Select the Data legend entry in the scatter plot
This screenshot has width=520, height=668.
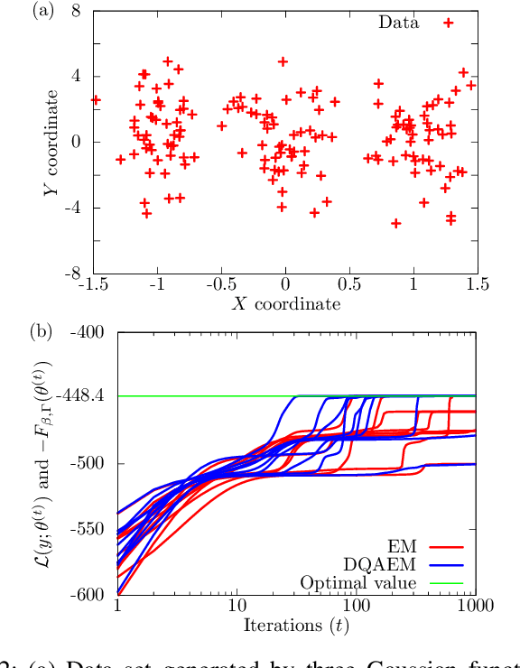point(397,23)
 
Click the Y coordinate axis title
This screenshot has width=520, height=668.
point(56,141)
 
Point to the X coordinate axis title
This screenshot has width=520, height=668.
point(284,304)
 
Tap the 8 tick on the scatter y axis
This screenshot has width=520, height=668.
point(79,11)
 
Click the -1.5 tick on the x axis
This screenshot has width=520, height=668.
point(92,286)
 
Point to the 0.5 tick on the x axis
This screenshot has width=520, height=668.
point(348,286)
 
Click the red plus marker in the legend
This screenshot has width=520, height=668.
point(448,23)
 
